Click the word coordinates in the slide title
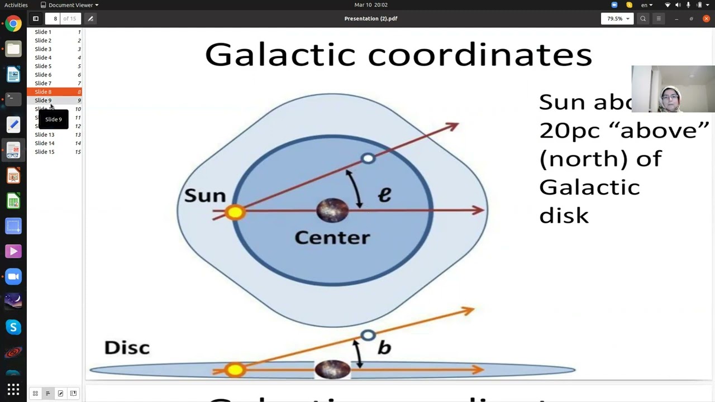[479, 55]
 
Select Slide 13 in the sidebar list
[45, 135]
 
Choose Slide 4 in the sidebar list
[43, 58]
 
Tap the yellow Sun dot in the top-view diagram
[235, 212]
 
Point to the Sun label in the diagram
[205, 195]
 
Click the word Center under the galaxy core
[332, 237]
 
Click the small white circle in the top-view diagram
[368, 159]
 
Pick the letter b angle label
[384, 347]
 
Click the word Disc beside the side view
[127, 347]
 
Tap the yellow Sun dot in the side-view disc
[235, 370]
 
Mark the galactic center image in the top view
[332, 210]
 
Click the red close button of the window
[706, 18]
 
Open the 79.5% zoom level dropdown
[617, 18]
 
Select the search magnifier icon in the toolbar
[643, 18]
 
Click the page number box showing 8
[55, 18]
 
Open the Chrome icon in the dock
[13, 24]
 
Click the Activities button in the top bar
[16, 5]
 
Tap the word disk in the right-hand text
[564, 216]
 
